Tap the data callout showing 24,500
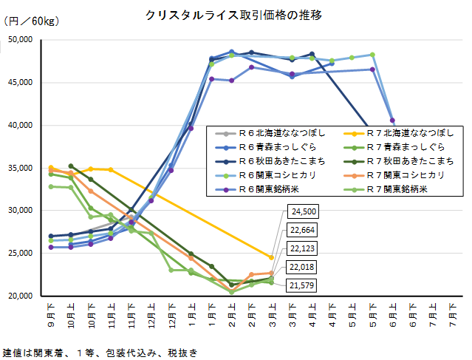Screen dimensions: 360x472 pyautogui.click(x=304, y=212)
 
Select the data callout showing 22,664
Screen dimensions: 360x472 pyautogui.click(x=304, y=229)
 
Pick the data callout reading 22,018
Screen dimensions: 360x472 pyautogui.click(x=304, y=266)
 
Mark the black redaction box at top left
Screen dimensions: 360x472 pyautogui.click(x=22, y=46)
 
